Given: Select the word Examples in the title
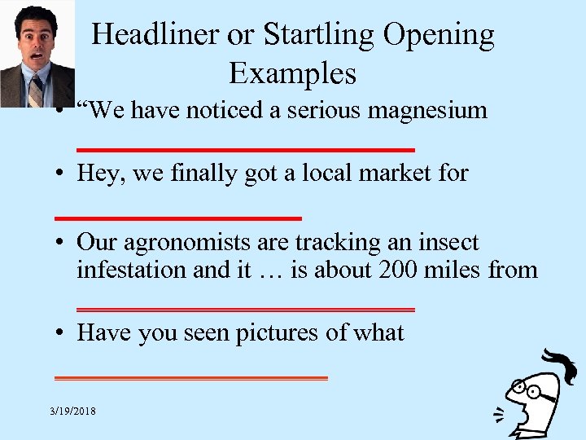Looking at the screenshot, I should (292, 73).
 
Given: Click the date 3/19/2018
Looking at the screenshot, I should (72, 411).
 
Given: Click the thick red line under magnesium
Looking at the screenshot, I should (245, 150).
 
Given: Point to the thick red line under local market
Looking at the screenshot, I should (177, 218).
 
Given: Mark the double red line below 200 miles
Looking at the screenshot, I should (245, 310).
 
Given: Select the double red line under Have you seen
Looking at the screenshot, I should (190, 378).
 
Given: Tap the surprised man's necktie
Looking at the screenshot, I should (35, 90).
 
